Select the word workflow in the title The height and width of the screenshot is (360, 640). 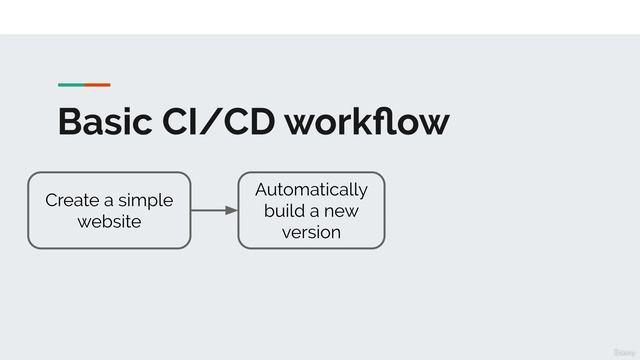pos(367,122)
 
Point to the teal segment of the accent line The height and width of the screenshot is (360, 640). pos(71,85)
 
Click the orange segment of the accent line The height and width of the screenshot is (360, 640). pos(97,85)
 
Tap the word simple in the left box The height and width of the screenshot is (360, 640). pos(146,200)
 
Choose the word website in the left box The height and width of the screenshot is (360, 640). pos(109,221)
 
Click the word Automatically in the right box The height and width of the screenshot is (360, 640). pos(311,190)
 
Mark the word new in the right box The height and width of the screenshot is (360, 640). pos(340,211)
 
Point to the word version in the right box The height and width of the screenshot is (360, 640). pos(311,232)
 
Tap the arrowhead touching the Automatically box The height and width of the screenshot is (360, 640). pos(232,210)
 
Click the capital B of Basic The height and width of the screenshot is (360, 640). pos(70,122)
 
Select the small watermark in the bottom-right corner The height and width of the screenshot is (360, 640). pos(622,352)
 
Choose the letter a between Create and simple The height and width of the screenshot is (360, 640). pos(108,201)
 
